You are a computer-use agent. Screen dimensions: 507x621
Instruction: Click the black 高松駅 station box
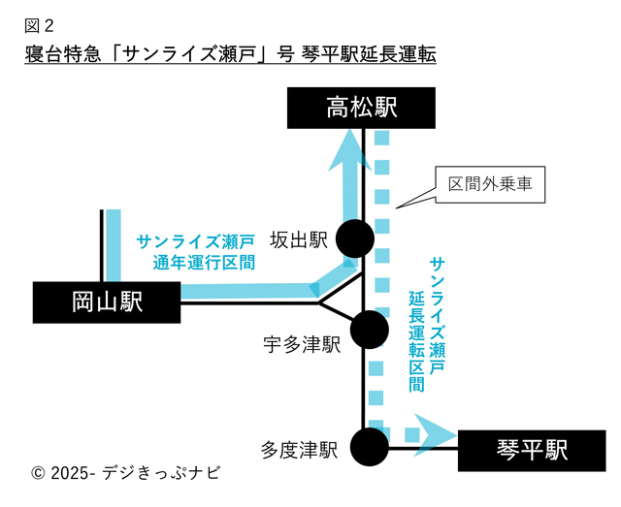(x=362, y=108)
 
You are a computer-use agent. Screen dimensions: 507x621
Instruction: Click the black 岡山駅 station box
(x=107, y=301)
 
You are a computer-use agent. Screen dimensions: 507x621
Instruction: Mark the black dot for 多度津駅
(x=369, y=448)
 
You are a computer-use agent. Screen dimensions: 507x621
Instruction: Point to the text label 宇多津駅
(x=303, y=344)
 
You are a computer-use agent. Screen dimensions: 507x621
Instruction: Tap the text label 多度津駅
(x=299, y=450)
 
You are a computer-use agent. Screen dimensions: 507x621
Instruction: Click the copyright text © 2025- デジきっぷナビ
(x=126, y=474)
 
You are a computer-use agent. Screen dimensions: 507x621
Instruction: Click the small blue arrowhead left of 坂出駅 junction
(x=317, y=289)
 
